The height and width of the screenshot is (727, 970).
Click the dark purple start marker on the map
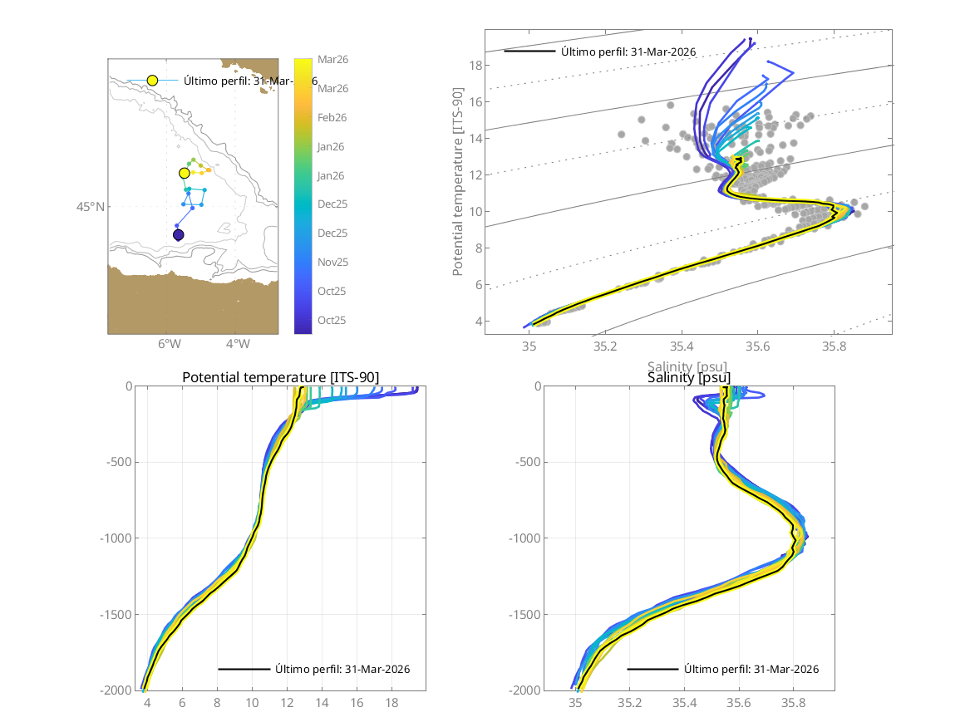click(x=178, y=235)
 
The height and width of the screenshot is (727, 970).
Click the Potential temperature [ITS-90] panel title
click(x=280, y=378)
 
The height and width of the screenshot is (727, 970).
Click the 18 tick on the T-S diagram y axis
click(x=476, y=65)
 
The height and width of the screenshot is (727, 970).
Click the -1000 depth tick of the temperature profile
click(x=116, y=538)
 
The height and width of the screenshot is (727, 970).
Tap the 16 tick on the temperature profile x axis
click(x=357, y=702)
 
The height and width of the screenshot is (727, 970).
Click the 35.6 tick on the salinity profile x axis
click(x=738, y=702)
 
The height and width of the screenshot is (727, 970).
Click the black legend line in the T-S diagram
click(x=529, y=52)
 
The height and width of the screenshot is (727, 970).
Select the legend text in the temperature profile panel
click(x=342, y=669)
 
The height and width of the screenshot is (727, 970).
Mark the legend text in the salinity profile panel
click(x=751, y=669)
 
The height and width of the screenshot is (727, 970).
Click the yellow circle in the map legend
click(x=152, y=81)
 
